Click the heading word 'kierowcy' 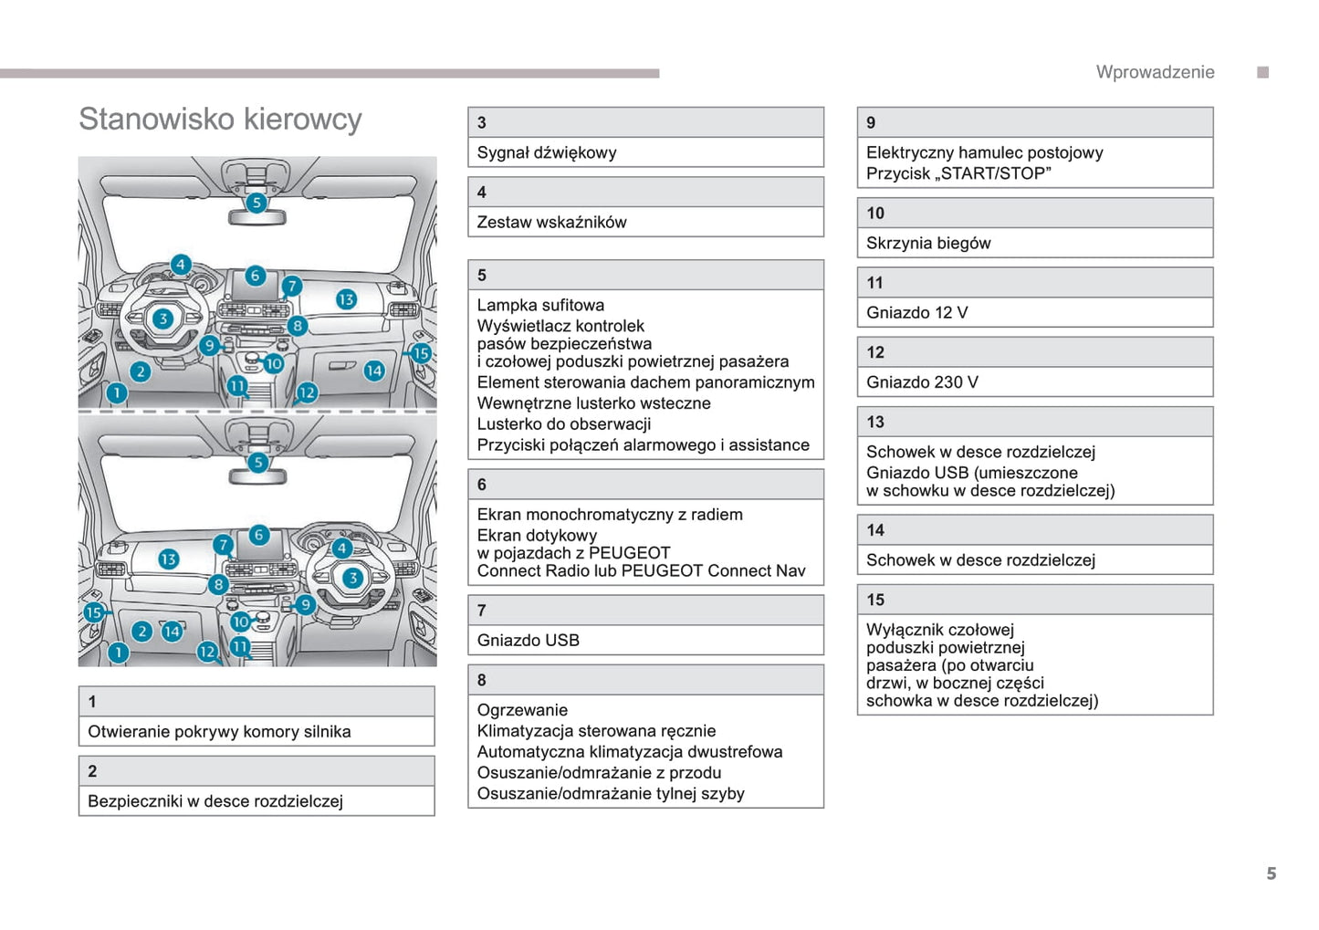(303, 120)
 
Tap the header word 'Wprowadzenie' (1155, 72)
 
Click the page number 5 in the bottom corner (1271, 873)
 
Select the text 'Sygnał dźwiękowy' (546, 152)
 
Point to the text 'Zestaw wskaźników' (551, 222)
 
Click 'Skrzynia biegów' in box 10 (927, 243)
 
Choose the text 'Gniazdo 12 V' (916, 312)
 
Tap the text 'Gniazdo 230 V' (921, 381)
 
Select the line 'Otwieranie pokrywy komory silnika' (219, 731)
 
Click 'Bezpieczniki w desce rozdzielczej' (215, 800)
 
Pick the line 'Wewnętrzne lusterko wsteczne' (593, 402)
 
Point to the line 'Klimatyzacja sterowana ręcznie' (596, 730)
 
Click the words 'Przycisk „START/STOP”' (958, 173)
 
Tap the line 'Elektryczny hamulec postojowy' (984, 152)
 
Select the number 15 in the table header (875, 600)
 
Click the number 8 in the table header (482, 680)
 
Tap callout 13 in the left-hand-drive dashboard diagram (346, 299)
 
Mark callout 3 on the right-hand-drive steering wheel (352, 577)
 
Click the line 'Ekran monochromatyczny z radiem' (610, 514)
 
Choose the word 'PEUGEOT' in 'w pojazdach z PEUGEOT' (629, 553)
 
